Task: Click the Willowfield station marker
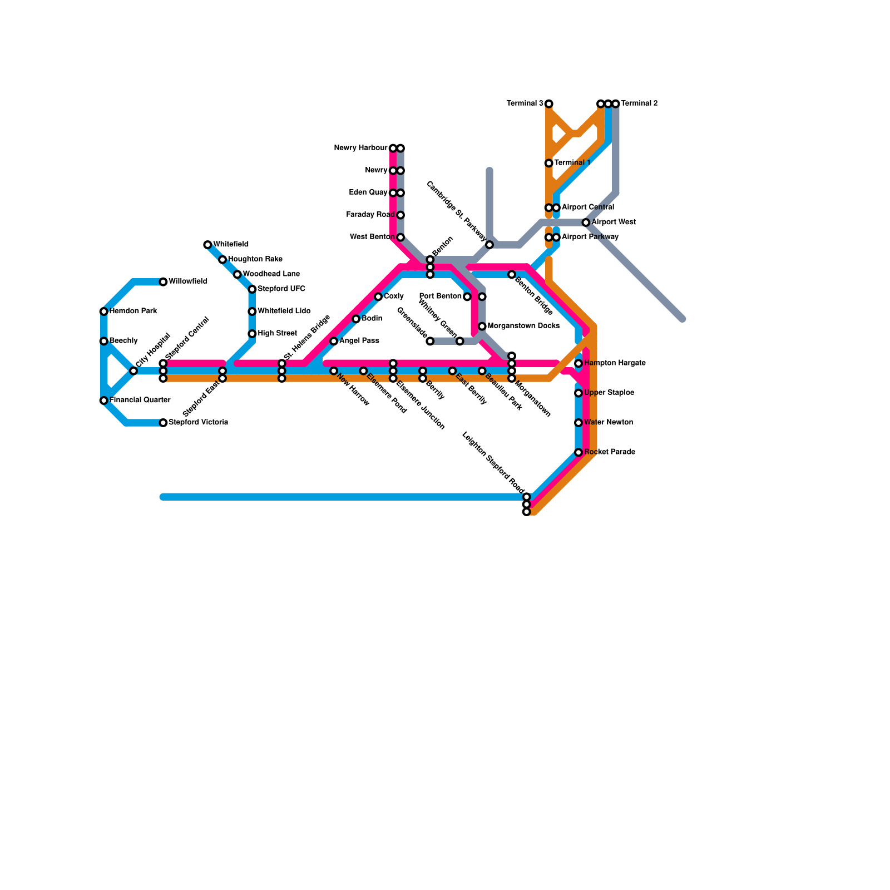coord(163,282)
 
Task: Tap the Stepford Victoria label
coord(198,423)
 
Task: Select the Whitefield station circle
coord(207,245)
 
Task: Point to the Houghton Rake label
coord(255,259)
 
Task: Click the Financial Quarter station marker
coord(103,400)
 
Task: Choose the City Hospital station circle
coord(133,371)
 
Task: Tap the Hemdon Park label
coord(133,311)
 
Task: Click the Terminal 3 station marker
coord(549,104)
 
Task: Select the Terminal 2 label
coord(639,103)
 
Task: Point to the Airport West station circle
coord(586,222)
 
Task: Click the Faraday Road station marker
coord(400,215)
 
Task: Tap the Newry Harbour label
coord(360,148)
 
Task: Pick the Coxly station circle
coord(378,296)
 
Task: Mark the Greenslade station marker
coord(430,341)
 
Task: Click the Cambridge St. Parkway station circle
coord(489,245)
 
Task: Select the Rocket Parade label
coord(609,452)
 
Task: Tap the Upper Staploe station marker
coord(578,393)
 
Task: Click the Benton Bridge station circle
coord(512,275)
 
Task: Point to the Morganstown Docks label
coord(523,326)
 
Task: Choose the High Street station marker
coord(252,334)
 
